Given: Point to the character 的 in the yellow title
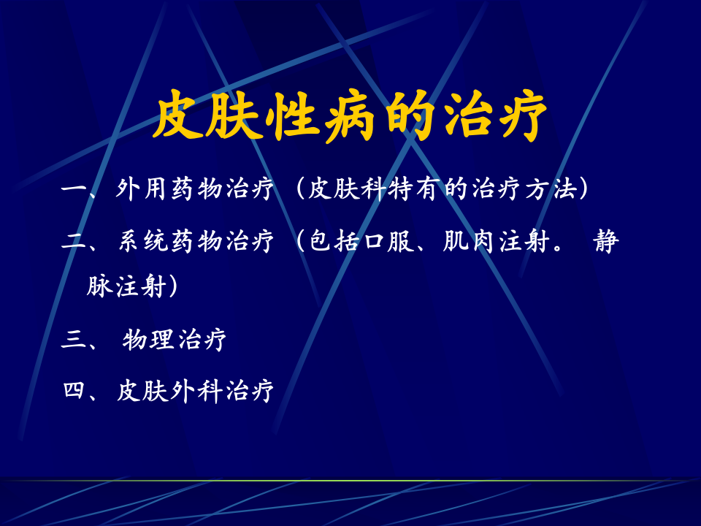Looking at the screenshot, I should (x=407, y=117).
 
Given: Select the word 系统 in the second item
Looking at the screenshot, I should (x=142, y=241).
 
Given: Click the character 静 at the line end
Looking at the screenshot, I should (x=605, y=241).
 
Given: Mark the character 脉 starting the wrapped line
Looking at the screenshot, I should (x=99, y=286).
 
